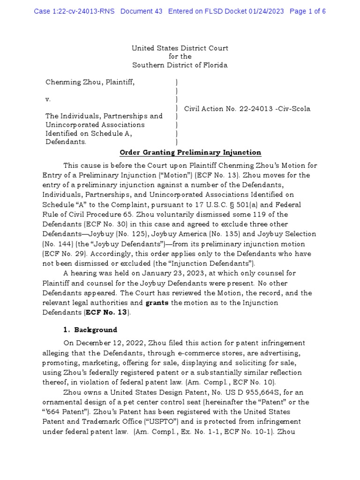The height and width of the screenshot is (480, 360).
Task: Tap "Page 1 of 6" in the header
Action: [308, 11]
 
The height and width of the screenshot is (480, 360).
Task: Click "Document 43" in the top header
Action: [142, 11]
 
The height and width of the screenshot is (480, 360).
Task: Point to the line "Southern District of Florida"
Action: [180, 65]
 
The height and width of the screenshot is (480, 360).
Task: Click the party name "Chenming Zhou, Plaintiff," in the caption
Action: [90, 82]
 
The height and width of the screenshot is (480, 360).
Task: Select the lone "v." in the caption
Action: [48, 99]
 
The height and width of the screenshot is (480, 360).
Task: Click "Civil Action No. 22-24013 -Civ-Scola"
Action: [247, 109]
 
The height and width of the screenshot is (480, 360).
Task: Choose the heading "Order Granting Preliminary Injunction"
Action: [190, 153]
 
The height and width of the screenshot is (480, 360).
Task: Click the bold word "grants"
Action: [157, 303]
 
